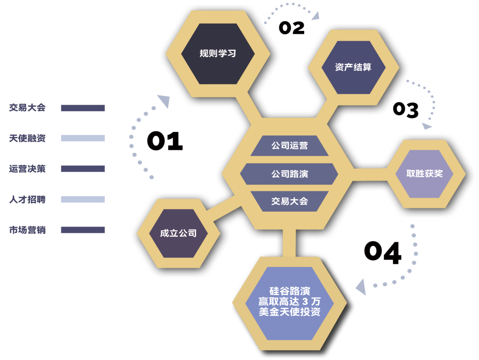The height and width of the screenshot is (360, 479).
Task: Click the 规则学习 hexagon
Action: (218, 53)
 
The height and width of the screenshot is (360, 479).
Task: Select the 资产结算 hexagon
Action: (353, 67)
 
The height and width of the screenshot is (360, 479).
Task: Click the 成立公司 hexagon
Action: (178, 233)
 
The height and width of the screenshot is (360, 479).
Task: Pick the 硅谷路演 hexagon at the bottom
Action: (289, 302)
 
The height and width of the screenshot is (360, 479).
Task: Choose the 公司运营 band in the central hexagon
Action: (289, 145)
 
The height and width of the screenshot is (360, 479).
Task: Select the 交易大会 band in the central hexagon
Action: (289, 201)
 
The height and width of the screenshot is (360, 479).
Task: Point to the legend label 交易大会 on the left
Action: (28, 108)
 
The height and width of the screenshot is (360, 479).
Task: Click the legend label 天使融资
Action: (28, 138)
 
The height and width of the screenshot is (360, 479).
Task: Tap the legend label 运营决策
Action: (28, 169)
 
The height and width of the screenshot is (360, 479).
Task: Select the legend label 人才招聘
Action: (28, 199)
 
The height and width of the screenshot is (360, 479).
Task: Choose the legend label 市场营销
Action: (28, 230)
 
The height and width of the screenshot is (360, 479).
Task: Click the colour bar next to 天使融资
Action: (83, 138)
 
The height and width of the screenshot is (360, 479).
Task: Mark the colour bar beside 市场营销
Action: (83, 230)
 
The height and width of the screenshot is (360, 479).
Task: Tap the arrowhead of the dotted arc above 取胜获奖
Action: (426, 126)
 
